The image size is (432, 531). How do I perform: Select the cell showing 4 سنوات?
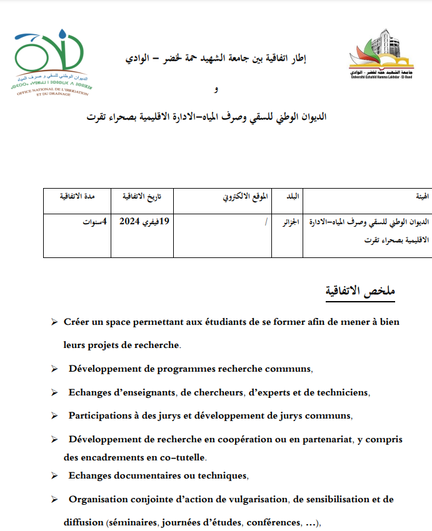[x=96, y=222]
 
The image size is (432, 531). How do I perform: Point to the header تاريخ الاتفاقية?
[x=141, y=196]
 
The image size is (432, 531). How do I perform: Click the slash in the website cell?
[x=266, y=222]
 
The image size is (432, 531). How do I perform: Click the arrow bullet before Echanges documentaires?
[x=54, y=477]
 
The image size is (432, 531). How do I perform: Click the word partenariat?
[x=320, y=439]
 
